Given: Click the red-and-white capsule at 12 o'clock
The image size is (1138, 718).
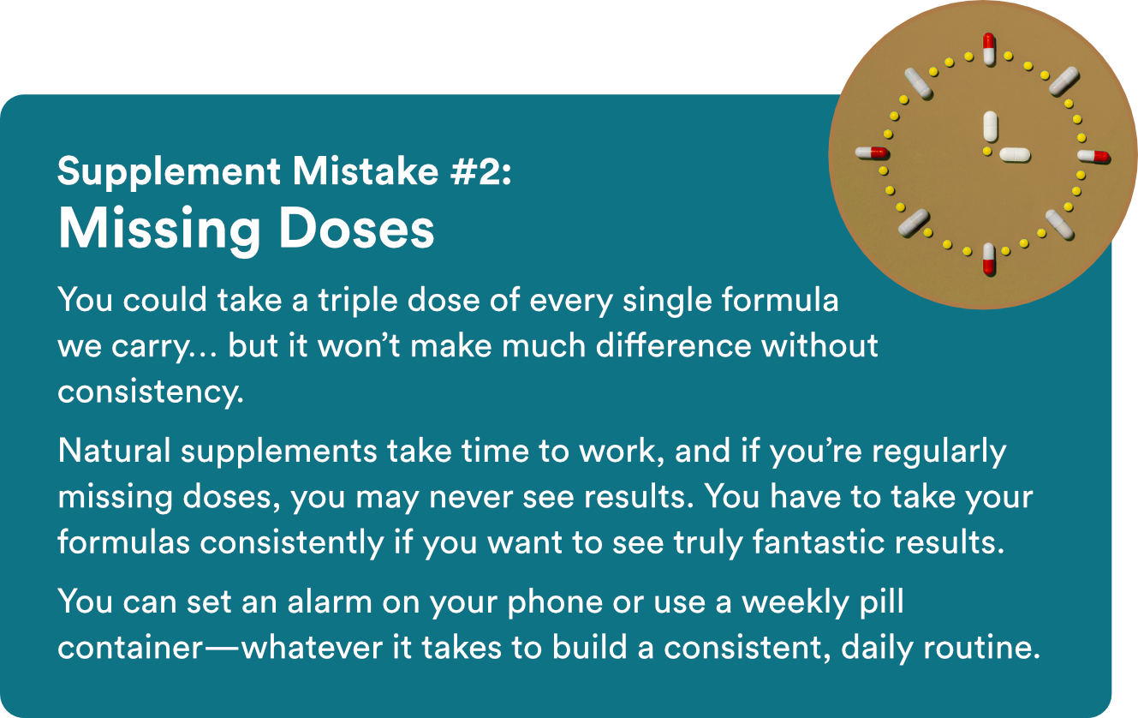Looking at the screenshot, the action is (x=988, y=50).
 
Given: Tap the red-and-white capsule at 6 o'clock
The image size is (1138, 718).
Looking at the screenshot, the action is (x=989, y=260).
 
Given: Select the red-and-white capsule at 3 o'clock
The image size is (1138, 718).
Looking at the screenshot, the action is (x=1093, y=156).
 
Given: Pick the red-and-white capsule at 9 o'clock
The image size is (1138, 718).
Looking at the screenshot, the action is (x=872, y=153).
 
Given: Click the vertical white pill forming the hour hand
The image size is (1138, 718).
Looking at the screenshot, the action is (x=990, y=127).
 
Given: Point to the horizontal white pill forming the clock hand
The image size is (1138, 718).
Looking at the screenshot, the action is (x=1015, y=154).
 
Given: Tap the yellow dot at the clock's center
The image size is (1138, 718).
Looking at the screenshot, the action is (x=987, y=151).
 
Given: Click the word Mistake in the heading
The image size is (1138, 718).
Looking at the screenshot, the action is (x=365, y=171).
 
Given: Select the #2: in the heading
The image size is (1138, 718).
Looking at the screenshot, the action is (x=480, y=171).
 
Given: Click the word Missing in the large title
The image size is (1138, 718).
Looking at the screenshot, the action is (x=159, y=229).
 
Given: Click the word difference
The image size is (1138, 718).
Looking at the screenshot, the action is (x=673, y=345).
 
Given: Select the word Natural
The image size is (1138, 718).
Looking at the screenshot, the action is (x=114, y=451).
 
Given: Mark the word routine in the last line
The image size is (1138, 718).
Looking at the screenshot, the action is (x=982, y=648).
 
